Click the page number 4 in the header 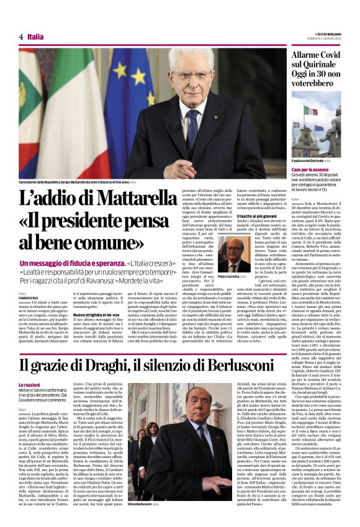(x=22, y=37)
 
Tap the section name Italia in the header (x=36, y=37)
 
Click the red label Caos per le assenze (x=313, y=169)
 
